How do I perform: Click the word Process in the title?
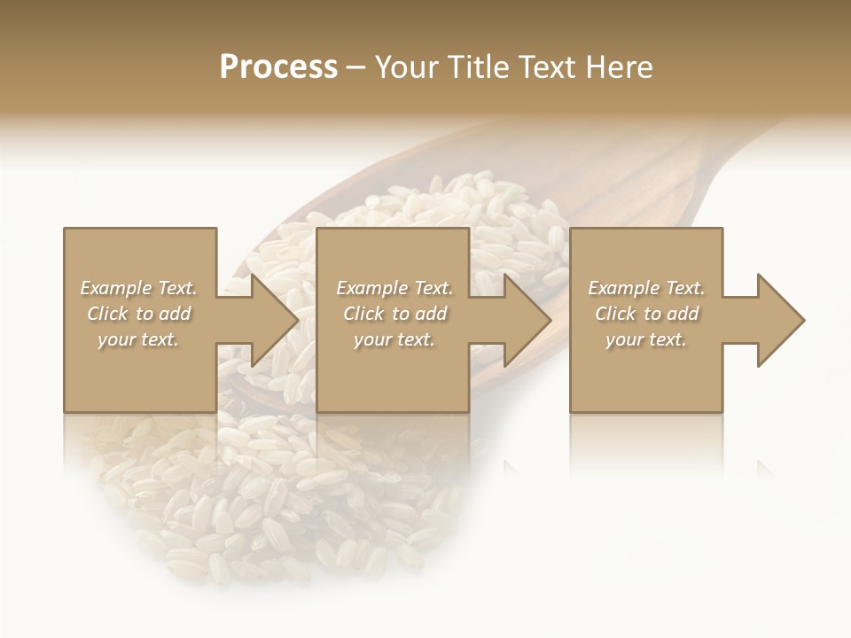click(x=278, y=67)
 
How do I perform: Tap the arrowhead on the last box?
click(x=775, y=320)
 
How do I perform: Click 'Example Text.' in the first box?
click(x=138, y=288)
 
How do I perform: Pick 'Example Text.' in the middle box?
click(x=394, y=288)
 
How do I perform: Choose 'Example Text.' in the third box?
click(x=646, y=288)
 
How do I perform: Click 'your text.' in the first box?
click(x=138, y=339)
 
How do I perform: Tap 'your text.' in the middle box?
click(x=394, y=339)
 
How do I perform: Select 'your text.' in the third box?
click(x=646, y=339)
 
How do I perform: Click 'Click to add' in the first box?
click(x=138, y=314)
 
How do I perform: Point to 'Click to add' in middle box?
click(x=394, y=314)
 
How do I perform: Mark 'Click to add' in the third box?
click(x=646, y=314)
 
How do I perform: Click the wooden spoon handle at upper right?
click(x=709, y=168)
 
